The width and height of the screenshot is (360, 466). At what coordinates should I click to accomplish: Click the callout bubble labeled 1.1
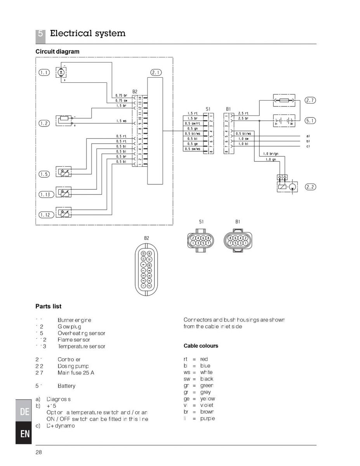(45, 72)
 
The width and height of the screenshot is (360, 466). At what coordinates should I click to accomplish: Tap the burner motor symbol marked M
(61, 72)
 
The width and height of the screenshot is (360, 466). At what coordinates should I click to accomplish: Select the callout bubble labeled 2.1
(156, 72)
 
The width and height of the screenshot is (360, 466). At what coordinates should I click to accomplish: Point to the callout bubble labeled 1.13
(45, 195)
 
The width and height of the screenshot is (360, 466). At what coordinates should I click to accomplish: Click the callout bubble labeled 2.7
(310, 100)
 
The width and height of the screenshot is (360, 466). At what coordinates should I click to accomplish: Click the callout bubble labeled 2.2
(310, 187)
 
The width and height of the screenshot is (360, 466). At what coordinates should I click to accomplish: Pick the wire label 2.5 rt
(243, 113)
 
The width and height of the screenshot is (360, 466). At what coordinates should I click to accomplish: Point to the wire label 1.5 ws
(122, 121)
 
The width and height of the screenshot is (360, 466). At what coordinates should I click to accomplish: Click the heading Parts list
(49, 306)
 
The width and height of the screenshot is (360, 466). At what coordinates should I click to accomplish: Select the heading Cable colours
(201, 346)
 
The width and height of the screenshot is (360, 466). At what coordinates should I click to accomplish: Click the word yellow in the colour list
(208, 399)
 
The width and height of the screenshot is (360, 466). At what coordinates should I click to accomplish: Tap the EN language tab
(25, 434)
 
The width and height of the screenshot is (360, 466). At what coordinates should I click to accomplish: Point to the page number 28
(38, 452)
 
